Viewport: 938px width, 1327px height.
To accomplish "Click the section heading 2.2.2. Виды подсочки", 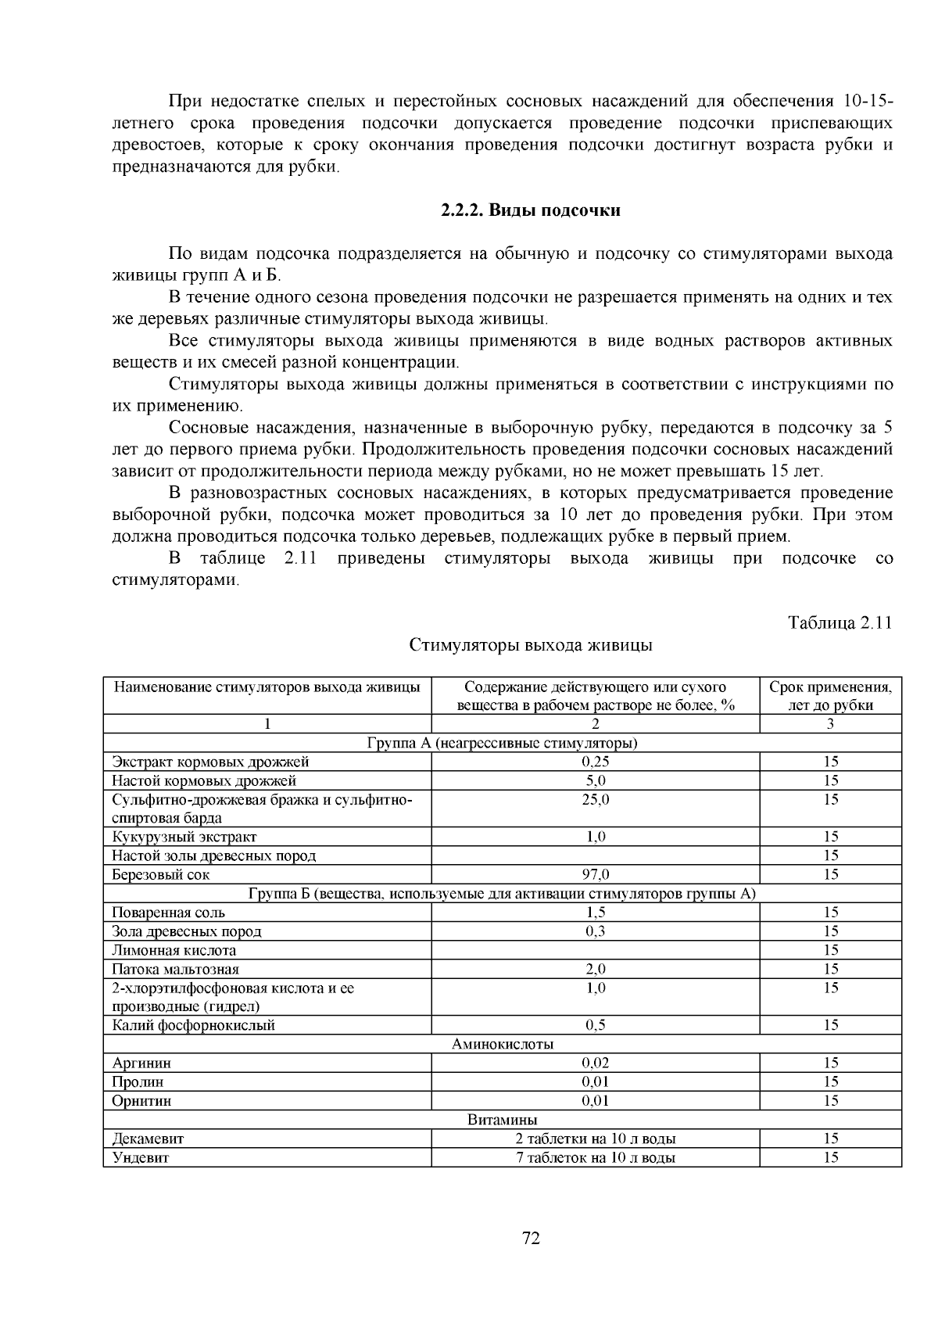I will tap(530, 211).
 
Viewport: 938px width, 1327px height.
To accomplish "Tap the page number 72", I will tap(531, 1238).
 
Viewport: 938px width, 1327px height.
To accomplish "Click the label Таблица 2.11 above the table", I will tap(840, 622).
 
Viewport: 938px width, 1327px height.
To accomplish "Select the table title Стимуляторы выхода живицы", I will tap(531, 646).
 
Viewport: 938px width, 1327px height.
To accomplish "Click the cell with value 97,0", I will tap(596, 874).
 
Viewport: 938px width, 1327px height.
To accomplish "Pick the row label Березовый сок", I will tap(161, 874).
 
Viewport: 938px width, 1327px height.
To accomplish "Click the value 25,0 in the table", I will tap(596, 799).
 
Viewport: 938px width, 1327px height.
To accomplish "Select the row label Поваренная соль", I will tap(168, 913).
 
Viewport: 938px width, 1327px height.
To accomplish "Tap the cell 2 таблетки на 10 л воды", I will tap(596, 1139).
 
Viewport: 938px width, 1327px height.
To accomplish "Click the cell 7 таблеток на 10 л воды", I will tap(596, 1157).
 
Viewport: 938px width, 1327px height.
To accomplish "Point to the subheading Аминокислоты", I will tap(503, 1044).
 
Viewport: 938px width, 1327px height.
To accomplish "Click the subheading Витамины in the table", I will tap(503, 1120).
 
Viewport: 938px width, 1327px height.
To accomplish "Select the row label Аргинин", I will tap(141, 1063).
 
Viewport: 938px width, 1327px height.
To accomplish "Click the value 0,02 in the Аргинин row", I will tap(596, 1063).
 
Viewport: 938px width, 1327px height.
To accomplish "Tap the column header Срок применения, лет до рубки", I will tap(830, 696).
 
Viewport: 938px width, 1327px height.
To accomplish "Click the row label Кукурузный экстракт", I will tap(184, 837).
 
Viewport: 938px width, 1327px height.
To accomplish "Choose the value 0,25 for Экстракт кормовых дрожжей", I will tap(596, 762).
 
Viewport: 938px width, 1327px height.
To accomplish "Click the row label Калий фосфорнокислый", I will tap(193, 1025).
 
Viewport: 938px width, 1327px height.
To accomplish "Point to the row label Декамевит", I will tap(148, 1139).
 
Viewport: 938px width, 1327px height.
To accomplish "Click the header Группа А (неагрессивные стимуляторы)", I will tap(503, 743).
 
